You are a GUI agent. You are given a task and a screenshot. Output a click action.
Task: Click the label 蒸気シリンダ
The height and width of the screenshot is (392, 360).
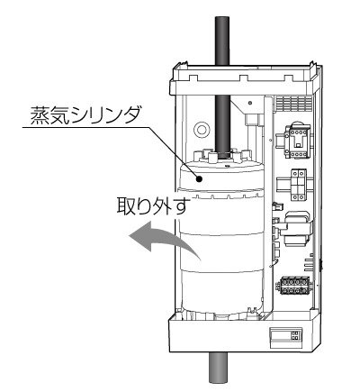[85, 116]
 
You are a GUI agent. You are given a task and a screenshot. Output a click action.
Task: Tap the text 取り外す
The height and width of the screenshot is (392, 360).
[153, 205]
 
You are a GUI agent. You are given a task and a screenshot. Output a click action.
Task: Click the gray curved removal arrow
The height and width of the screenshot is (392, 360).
[164, 238]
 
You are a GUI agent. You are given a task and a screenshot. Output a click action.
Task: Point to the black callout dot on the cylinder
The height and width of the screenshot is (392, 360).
[199, 179]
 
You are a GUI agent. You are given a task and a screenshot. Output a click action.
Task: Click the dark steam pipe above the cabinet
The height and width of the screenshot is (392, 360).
[222, 41]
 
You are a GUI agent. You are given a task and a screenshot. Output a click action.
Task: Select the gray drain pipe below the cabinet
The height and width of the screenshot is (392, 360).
[219, 367]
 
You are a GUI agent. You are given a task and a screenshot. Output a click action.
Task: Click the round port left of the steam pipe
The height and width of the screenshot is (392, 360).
[202, 130]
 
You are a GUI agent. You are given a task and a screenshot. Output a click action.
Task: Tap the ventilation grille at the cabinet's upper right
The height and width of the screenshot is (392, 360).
[294, 104]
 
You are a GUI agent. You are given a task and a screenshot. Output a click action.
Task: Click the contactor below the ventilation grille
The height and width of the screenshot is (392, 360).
[296, 141]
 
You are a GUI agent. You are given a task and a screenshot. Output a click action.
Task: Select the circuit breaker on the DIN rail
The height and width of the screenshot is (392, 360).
[298, 185]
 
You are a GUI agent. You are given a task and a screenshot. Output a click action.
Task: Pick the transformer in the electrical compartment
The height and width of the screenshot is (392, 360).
[297, 229]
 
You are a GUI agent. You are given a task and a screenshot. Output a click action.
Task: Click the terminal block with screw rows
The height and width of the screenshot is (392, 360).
[294, 287]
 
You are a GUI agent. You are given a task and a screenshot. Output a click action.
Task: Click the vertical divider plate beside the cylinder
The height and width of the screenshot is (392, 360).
[268, 207]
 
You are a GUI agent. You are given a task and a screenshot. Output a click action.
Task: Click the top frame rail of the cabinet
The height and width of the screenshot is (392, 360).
[244, 80]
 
